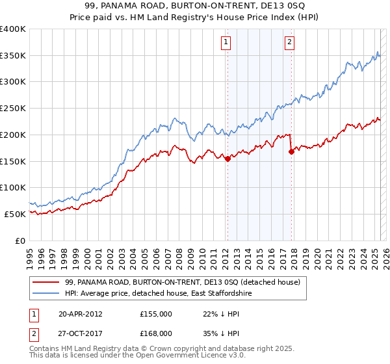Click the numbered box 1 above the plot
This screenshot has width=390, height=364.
coord(226,43)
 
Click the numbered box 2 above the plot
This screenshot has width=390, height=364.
coord(289,43)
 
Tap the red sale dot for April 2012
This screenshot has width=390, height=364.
coord(227,159)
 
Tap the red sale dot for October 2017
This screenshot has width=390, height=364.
coord(291,151)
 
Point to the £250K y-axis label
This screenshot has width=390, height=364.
coord(14,109)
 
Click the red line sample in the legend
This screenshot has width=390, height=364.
coord(46,282)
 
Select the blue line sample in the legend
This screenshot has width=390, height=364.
coord(46,294)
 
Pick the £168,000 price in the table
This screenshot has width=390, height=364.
coord(156,333)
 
